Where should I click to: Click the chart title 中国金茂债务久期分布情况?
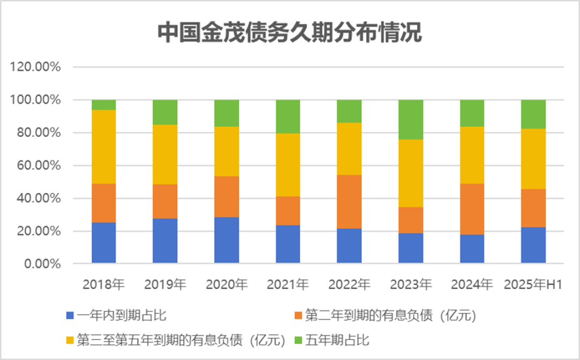coord(289,33)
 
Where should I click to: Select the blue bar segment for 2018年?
coord(104,242)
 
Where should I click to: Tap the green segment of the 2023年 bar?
coord(411,119)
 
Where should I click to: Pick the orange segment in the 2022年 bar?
coord(349,201)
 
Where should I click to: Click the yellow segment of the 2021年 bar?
coord(288,164)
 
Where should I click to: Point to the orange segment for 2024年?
coord(472,209)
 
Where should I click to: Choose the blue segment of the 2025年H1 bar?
coord(533,245)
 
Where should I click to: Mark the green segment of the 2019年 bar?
coord(165,112)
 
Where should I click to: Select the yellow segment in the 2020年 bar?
coord(227,152)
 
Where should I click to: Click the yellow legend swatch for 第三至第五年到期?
coord(69,340)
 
